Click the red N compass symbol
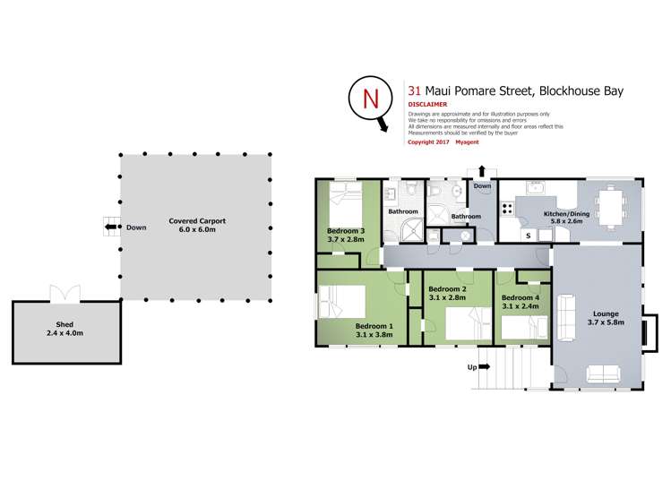tap(368, 99)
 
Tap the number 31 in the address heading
tap(414, 90)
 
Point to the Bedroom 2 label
tap(446, 289)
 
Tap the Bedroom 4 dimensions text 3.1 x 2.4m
tap(520, 306)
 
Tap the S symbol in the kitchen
tap(528, 235)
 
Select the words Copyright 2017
tap(428, 142)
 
